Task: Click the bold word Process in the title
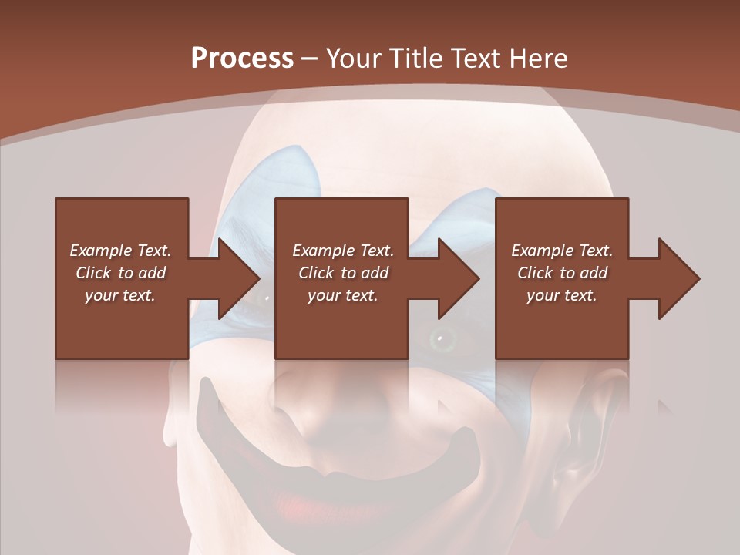pos(242,59)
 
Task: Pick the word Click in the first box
pos(93,273)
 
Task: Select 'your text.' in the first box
pos(120,295)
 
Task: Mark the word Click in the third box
pos(535,273)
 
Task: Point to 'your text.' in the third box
pos(562,295)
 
